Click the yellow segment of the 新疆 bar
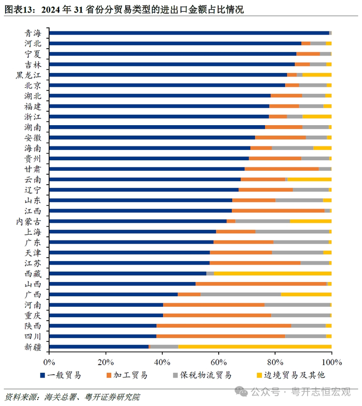coord(255,347)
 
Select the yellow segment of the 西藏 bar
coord(273,273)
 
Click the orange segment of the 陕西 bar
coord(224,325)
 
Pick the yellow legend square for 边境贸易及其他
coord(260,374)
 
